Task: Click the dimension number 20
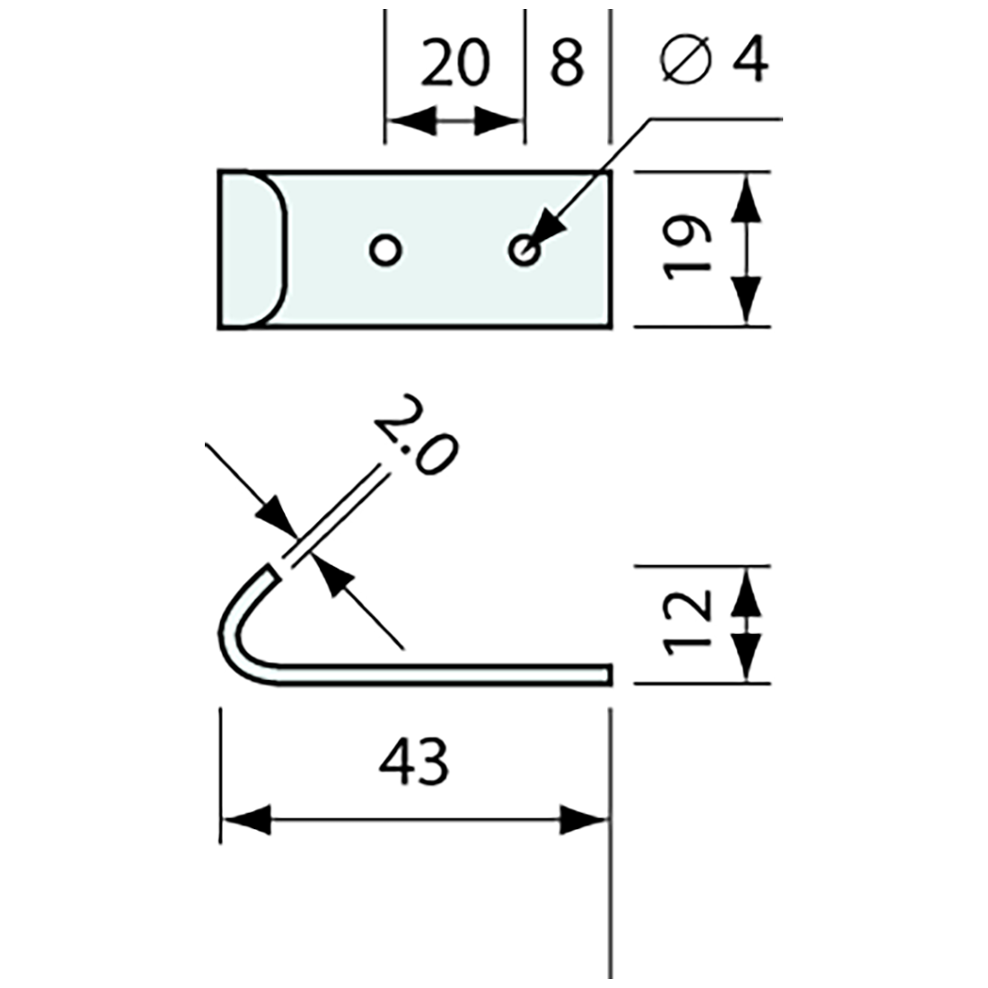click(455, 64)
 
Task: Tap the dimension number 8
click(566, 64)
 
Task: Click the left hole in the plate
click(385, 250)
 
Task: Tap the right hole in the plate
click(524, 250)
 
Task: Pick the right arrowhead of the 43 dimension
click(585, 819)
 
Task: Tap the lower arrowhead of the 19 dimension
click(745, 298)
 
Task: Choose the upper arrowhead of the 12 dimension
click(745, 593)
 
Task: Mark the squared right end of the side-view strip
click(608, 674)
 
